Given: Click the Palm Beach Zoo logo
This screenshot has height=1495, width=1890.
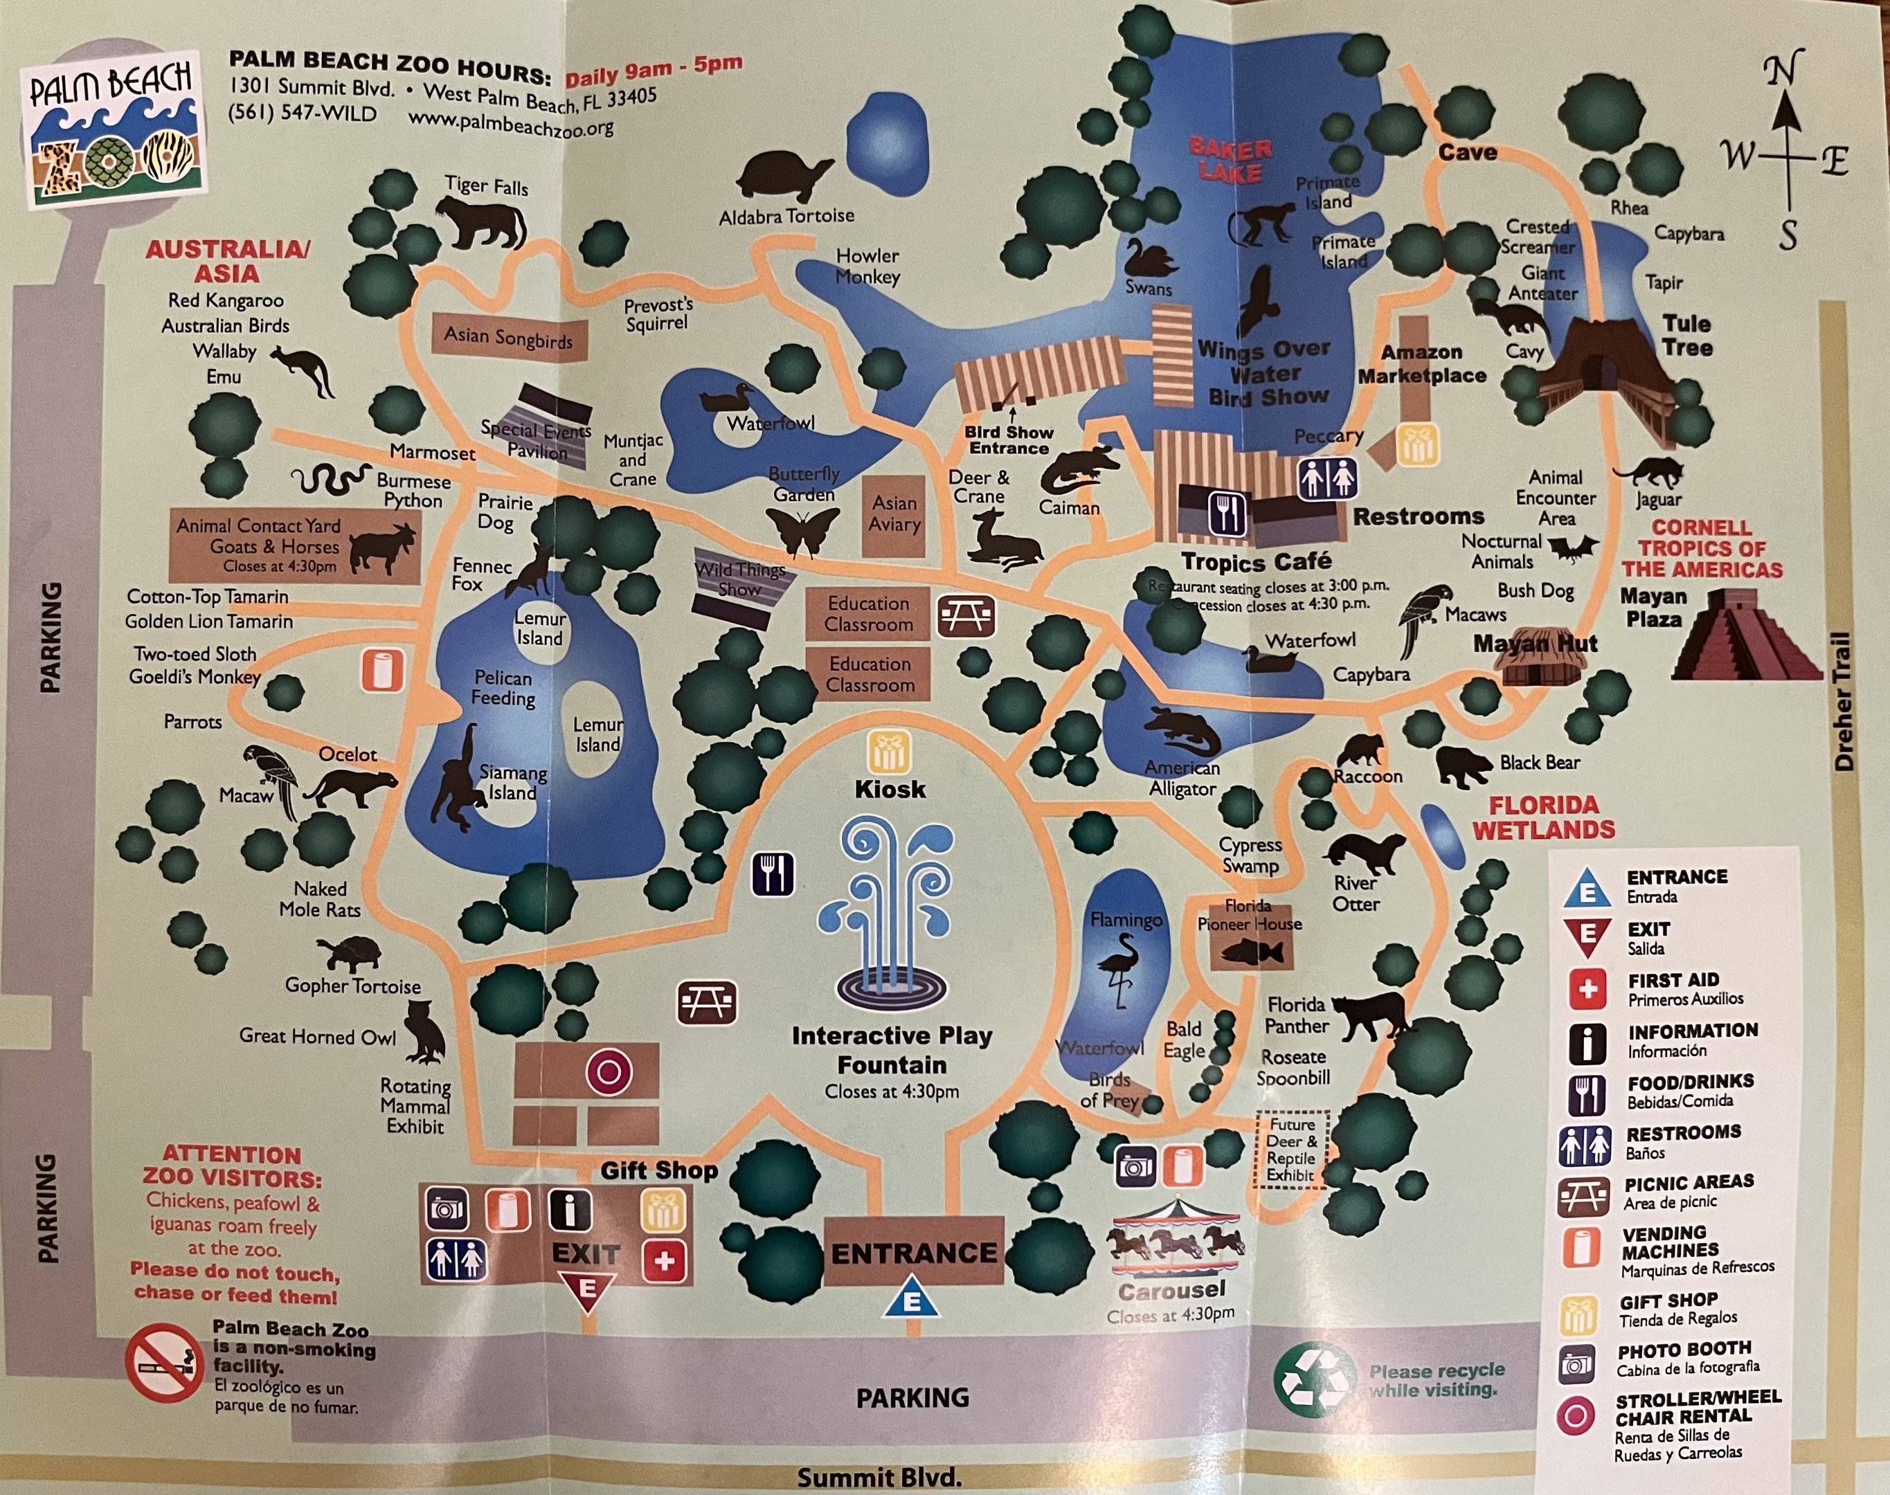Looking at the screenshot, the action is click(112, 129).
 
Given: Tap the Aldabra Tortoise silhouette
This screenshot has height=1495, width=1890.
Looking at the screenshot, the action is click(784, 176).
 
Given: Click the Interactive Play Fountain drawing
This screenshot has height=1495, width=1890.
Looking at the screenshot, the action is click(891, 910).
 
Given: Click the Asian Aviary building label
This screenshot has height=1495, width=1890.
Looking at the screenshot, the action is click(894, 515).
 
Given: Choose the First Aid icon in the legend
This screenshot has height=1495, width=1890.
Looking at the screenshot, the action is click(1587, 989).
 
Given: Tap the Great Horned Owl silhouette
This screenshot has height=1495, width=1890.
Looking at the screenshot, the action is click(426, 1032).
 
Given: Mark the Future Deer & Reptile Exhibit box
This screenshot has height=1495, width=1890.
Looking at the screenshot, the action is click(1292, 1148).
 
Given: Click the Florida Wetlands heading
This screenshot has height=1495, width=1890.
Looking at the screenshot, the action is click(1543, 817).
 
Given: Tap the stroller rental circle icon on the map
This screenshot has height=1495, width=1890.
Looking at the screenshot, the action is click(609, 1071).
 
